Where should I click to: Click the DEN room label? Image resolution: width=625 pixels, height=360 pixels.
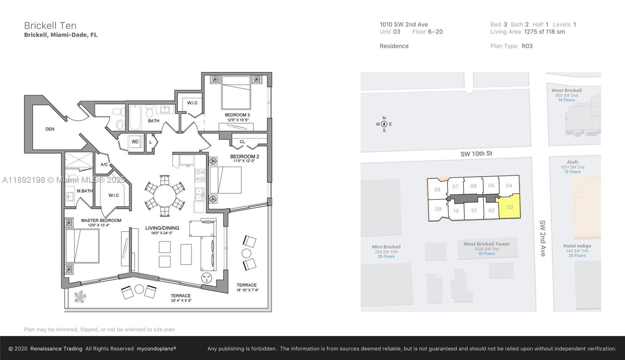pos(50,129)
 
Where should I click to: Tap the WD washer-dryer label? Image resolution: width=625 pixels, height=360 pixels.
pos(135,142)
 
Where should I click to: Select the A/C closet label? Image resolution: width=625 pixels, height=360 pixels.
pos(104,164)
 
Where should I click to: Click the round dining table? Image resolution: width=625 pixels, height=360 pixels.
pos(164,196)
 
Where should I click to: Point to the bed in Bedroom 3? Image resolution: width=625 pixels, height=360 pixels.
pos(236,93)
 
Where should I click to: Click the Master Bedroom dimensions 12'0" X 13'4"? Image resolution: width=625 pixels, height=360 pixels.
pos(99,225)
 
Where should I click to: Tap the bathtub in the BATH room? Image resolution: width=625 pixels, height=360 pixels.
pos(135,118)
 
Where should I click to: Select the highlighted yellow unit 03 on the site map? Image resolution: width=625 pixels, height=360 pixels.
pos(509,207)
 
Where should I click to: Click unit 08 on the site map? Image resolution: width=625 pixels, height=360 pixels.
pos(437,190)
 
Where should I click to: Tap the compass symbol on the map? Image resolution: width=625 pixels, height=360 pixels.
pos(384,124)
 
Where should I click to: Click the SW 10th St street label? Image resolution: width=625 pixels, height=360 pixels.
pos(476,154)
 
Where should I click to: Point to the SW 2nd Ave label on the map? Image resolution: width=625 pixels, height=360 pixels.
pos(543,239)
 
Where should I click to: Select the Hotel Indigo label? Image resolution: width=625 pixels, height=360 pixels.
pos(577,246)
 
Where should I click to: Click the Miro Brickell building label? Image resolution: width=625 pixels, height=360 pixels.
pos(386,247)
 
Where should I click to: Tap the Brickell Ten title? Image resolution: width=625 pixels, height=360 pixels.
pos(50,26)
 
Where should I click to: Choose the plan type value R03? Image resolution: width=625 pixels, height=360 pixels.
pos(527,46)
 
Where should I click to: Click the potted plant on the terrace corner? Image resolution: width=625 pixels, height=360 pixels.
pos(80,297)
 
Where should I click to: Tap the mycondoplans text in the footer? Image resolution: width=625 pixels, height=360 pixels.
pos(156,349)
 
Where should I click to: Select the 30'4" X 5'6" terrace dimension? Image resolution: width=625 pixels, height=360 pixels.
pos(181,301)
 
